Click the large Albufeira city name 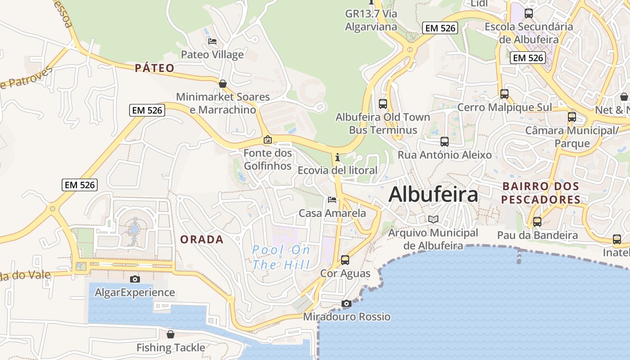(x=433, y=194)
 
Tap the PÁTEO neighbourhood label (x=154, y=68)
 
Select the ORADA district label (x=202, y=239)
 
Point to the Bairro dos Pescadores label (x=541, y=193)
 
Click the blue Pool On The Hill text (x=281, y=257)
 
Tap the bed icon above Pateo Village (x=212, y=41)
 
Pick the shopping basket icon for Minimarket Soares (x=222, y=84)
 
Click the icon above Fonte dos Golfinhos (x=268, y=139)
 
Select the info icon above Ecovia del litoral (x=337, y=157)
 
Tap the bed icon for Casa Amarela (x=332, y=199)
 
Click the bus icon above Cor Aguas (x=345, y=260)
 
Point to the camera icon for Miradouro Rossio (x=346, y=303)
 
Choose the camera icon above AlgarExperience (x=135, y=279)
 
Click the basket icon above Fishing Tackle (x=171, y=334)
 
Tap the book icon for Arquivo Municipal (x=433, y=219)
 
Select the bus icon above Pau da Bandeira (x=537, y=221)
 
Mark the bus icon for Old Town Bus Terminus (x=383, y=103)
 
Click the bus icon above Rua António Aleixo (x=445, y=142)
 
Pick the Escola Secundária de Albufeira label (x=529, y=33)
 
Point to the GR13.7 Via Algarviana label (x=371, y=20)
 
